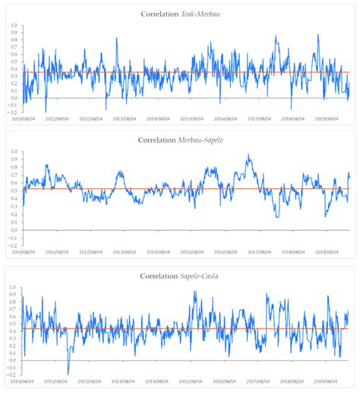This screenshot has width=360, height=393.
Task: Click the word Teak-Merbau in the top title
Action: pos(200,14)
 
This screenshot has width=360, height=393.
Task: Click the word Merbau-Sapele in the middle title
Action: pos(201,140)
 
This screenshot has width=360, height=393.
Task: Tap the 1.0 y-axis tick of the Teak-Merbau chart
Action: pos(12,25)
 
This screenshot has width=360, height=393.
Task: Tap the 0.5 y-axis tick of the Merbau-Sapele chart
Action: pos(12,190)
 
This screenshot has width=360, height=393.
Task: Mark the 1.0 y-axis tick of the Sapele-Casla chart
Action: pos(12,288)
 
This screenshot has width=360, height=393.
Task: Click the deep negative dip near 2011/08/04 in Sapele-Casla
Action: pos(68,373)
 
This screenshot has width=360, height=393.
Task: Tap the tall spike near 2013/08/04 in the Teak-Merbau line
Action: pos(117,38)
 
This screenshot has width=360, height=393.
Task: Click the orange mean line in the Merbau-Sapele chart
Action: pos(152,189)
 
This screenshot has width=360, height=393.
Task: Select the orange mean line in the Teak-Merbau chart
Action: pos(152,73)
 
